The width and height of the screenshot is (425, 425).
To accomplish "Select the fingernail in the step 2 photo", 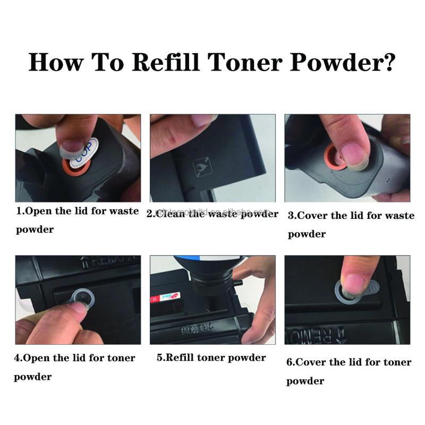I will click(x=203, y=121).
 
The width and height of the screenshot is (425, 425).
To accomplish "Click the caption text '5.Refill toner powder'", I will click(x=211, y=358).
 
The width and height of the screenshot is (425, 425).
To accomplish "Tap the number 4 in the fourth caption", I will click(x=17, y=358).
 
